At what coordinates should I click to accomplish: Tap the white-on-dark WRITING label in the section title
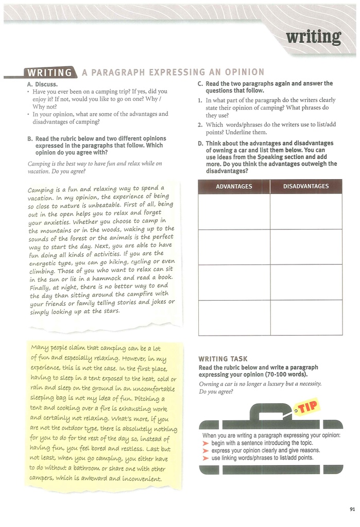[50, 72]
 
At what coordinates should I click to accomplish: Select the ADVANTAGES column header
[234, 186]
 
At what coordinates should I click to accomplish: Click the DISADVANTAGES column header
[306, 186]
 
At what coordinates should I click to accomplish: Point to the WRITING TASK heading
[223, 359]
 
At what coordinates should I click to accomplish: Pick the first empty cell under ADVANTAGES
[234, 211]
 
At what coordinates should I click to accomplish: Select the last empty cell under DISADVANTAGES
[306, 318]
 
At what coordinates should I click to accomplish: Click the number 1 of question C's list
[200, 100]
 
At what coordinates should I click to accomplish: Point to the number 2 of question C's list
[200, 125]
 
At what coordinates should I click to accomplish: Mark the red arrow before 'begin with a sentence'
[206, 443]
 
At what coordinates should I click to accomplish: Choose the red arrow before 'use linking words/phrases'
[206, 458]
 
